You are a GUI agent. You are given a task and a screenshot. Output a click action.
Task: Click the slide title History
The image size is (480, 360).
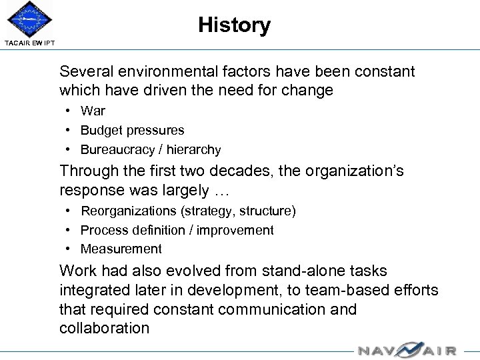pyautogui.click(x=234, y=25)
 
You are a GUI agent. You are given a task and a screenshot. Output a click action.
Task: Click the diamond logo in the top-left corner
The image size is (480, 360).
pyautogui.click(x=28, y=20)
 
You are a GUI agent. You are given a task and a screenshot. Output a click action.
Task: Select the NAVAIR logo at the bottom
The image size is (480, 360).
pyautogui.click(x=407, y=350)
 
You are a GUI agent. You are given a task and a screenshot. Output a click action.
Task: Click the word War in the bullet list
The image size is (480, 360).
pyautogui.click(x=93, y=111)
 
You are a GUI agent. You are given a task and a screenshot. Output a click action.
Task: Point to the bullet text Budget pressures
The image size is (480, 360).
pyautogui.click(x=132, y=131)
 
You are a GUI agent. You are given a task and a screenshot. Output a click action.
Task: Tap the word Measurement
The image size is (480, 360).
pyautogui.click(x=121, y=249)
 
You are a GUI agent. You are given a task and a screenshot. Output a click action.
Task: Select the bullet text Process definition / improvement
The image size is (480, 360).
pyautogui.click(x=177, y=230)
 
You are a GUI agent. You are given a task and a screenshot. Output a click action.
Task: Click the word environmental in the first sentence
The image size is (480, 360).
pyautogui.click(x=164, y=71)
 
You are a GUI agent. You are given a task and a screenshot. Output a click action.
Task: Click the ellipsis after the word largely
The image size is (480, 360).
pyautogui.click(x=221, y=190)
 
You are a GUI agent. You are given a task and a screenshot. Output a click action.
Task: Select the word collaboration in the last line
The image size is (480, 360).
pyautogui.click(x=104, y=328)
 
